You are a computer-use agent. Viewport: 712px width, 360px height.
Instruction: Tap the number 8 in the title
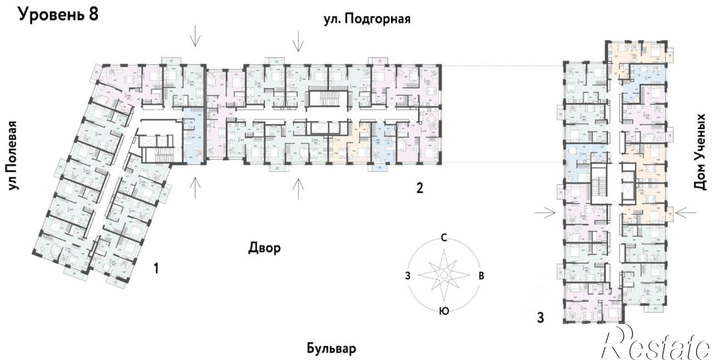point(92,15)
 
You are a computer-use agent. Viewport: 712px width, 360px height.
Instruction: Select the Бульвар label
point(331,349)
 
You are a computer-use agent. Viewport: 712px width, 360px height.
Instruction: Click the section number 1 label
point(155,268)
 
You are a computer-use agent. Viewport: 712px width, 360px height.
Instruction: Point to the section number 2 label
point(420,188)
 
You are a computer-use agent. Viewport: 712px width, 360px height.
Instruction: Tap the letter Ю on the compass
point(444,311)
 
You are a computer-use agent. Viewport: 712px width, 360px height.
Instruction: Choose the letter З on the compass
point(408,275)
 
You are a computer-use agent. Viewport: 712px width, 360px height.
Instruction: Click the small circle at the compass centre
point(444,275)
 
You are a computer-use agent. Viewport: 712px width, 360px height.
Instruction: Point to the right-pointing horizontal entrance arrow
point(545,213)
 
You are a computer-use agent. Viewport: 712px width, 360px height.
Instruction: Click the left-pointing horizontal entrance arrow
point(685,213)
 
